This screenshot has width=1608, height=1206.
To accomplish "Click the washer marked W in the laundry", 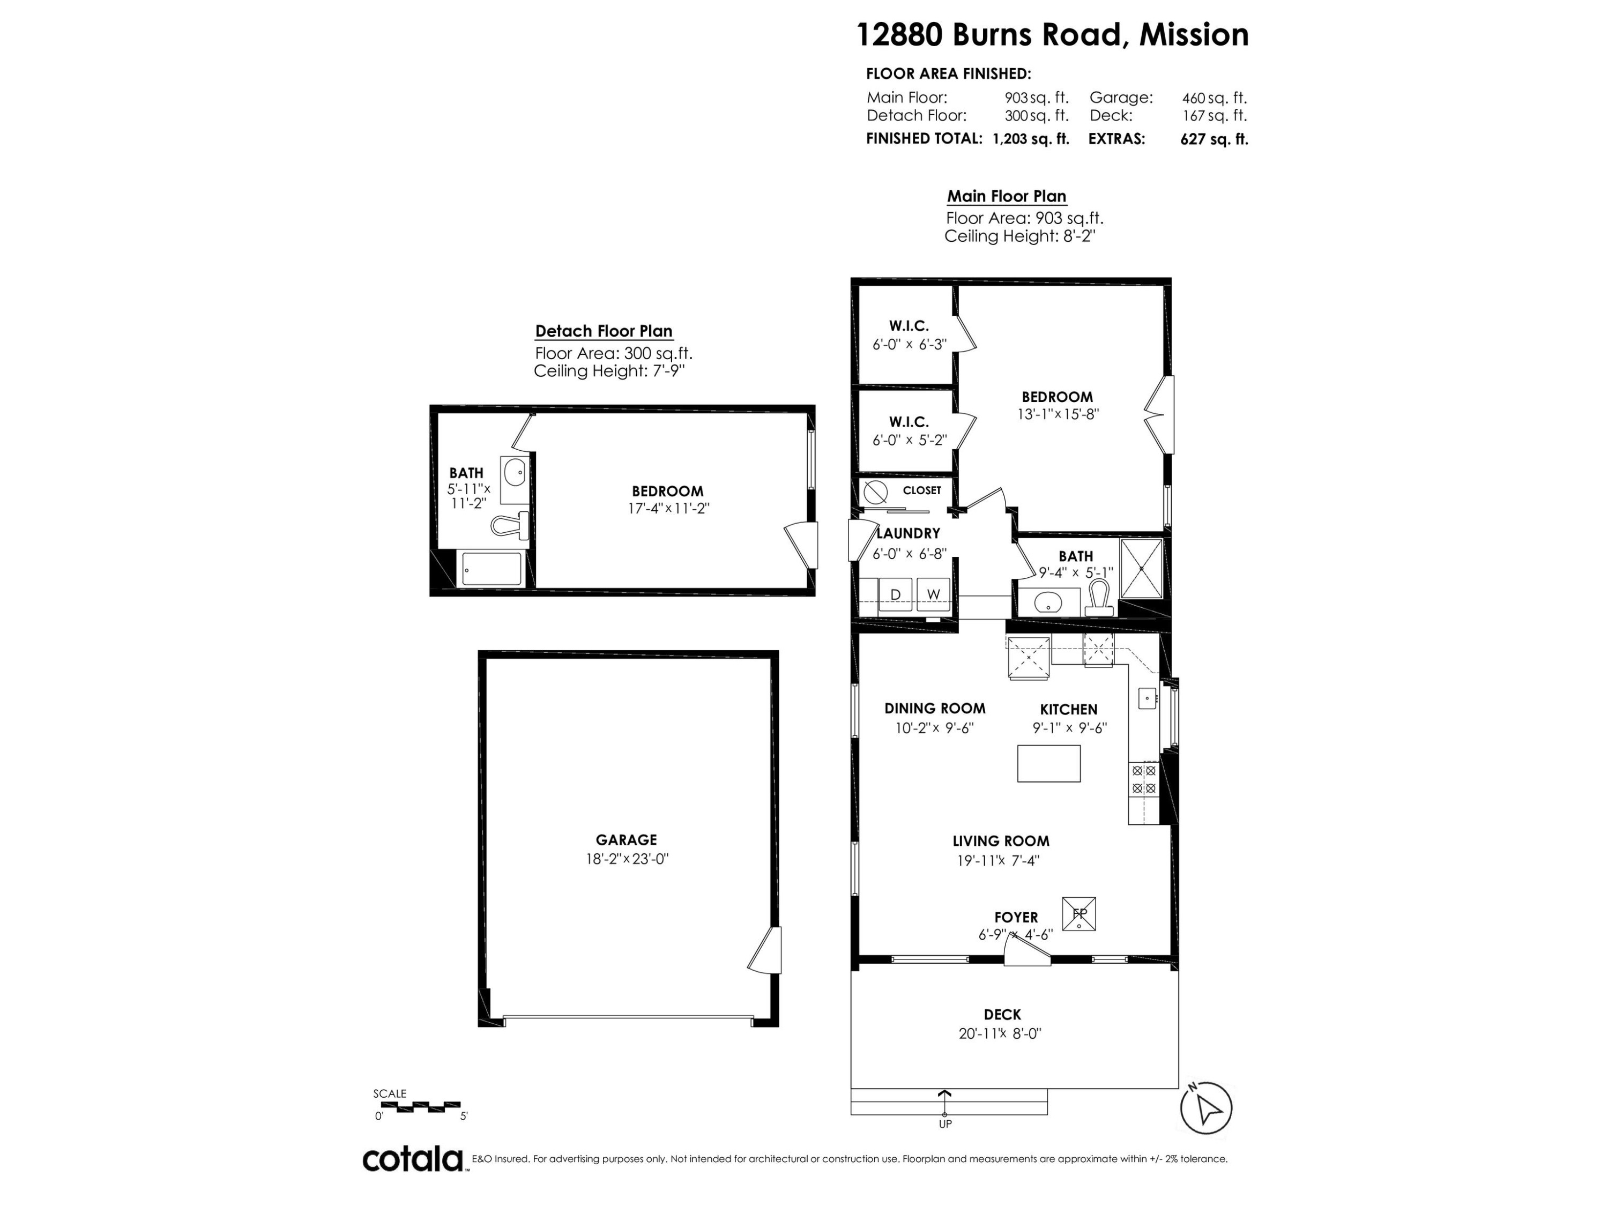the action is tap(933, 594).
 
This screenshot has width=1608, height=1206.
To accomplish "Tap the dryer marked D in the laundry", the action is tap(896, 594).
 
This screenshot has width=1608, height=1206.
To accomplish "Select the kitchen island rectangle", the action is tap(1048, 763).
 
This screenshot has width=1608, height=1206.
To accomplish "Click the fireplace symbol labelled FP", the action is tap(1079, 914).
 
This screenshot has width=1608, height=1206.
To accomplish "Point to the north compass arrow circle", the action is tap(1206, 1108).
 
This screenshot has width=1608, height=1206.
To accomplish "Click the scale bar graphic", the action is tap(420, 1107).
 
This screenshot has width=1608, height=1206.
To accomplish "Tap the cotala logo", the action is tap(413, 1159).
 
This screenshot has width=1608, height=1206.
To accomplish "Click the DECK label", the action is tap(1002, 1014).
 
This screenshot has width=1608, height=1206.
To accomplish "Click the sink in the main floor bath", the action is tap(1047, 602).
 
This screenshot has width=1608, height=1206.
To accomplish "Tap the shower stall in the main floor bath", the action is tap(1141, 569).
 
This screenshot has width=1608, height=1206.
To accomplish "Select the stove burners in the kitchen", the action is tap(1143, 779).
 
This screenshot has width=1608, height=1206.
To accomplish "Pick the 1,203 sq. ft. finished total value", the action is tap(1031, 139).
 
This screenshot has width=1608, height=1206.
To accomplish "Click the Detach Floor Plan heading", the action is tap(604, 331).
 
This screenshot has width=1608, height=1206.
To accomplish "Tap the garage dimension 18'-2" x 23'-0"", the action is tap(627, 859).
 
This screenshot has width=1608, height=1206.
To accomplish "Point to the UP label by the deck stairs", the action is tap(945, 1124).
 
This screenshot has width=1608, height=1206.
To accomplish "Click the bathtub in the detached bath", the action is tap(492, 569).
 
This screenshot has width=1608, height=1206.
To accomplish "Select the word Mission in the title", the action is tap(1194, 35).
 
